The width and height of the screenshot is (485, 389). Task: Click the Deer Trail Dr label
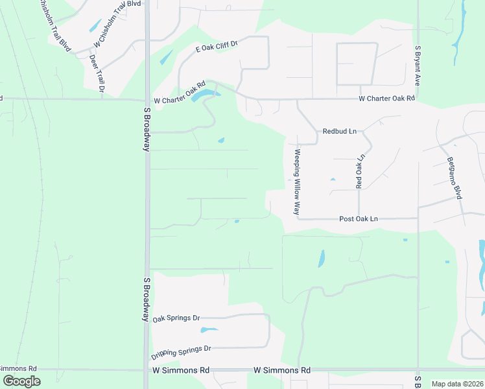pyautogui.click(x=97, y=73)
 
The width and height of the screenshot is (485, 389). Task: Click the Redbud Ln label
pyautogui.click(x=340, y=131)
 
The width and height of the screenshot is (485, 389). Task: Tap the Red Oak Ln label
pyautogui.click(x=361, y=171)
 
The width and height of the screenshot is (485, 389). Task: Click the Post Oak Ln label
pyautogui.click(x=359, y=219)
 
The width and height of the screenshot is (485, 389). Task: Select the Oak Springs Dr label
pyautogui.click(x=176, y=319)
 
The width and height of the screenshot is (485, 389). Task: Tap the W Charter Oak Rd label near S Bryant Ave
pyautogui.click(x=386, y=99)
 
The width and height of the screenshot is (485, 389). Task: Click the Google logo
pyautogui.click(x=21, y=381)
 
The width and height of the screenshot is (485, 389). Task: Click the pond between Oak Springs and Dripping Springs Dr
pyautogui.click(x=209, y=331)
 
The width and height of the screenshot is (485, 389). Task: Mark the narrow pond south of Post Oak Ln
pyautogui.click(x=322, y=259)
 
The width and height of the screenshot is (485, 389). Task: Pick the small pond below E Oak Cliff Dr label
pyautogui.click(x=166, y=57)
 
